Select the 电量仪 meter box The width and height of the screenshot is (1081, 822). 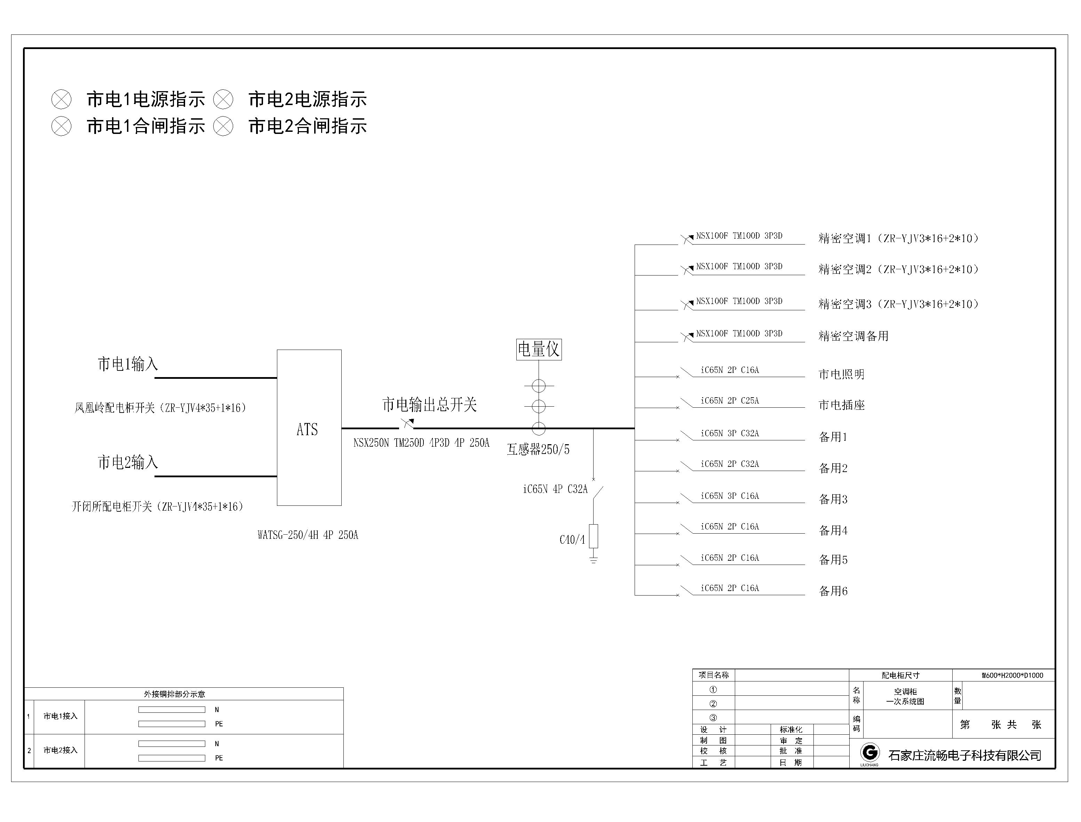pos(539,349)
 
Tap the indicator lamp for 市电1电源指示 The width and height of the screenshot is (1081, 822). pos(61,99)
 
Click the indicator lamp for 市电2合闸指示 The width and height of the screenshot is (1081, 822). pos(223,126)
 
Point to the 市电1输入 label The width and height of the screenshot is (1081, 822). pos(128,364)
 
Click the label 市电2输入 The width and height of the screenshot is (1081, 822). pos(128,462)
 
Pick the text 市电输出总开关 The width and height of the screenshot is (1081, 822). pos(429,405)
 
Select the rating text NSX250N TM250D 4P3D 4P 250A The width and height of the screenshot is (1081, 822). pos(421,443)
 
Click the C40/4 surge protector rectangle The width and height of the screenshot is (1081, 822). pos(594,536)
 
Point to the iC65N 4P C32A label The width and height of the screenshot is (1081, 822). pos(555,489)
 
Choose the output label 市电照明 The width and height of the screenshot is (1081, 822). pos(842,374)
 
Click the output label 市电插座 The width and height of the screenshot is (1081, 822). pos(842,405)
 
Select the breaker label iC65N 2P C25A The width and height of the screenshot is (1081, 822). pos(730,401)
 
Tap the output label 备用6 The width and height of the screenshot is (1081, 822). pos(833,591)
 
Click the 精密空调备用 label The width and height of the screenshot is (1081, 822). pos(853,336)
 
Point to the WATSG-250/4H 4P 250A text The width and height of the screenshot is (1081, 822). pos(308,535)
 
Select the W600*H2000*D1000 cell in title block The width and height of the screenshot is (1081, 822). pos(1012,676)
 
